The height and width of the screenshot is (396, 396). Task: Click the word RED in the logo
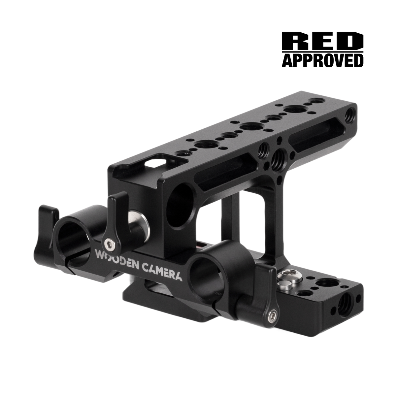(322, 41)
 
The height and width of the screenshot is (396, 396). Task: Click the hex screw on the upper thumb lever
(110, 245)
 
